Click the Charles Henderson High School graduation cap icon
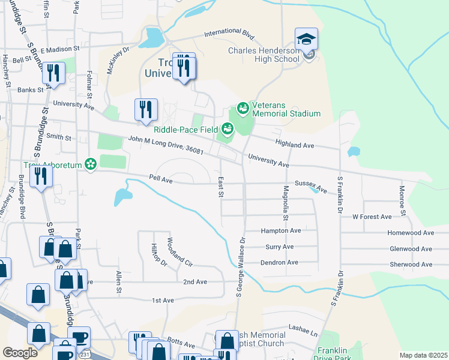(306, 40)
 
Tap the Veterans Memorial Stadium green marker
(243, 109)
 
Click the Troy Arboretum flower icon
(91, 164)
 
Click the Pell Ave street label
(161, 179)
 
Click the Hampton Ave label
(280, 230)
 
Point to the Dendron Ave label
(279, 262)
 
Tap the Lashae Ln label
(303, 331)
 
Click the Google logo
(20, 353)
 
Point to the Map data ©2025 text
(423, 355)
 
